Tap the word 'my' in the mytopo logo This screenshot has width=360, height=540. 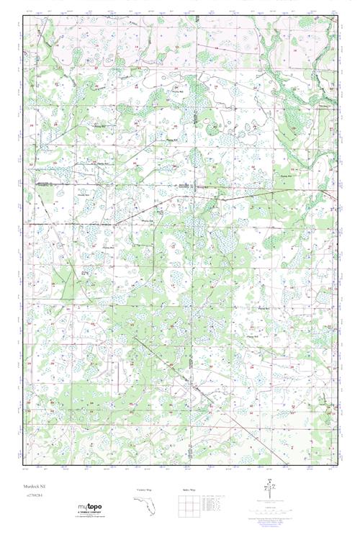tap(83, 507)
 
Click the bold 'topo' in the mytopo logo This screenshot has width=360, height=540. tap(95, 507)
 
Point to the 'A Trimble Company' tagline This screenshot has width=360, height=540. tap(90, 513)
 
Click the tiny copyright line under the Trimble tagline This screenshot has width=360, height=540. tap(90, 516)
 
